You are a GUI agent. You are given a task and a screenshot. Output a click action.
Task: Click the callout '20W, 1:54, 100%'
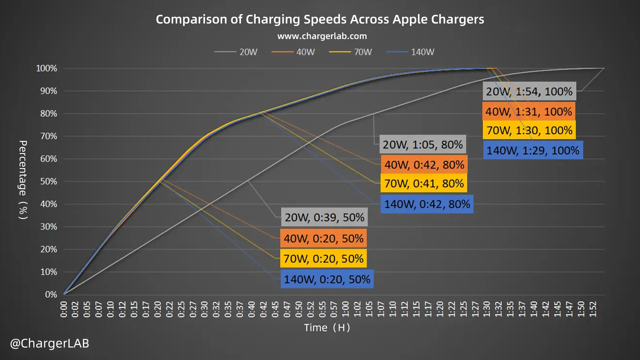(x=529, y=91)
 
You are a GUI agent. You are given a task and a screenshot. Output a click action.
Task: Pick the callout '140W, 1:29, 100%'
(x=533, y=150)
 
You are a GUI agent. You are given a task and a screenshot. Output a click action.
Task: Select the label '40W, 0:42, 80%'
(x=424, y=165)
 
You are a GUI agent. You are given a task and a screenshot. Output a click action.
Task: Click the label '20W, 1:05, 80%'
(x=422, y=145)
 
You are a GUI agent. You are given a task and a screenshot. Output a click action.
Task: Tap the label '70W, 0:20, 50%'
(x=323, y=259)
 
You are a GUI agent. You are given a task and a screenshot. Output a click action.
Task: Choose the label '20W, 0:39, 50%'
(x=324, y=217)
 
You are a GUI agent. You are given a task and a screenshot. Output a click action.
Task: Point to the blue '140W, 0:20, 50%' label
(x=327, y=279)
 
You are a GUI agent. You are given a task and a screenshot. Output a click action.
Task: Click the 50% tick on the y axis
(x=49, y=182)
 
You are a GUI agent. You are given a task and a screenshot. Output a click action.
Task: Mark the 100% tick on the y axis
(x=47, y=69)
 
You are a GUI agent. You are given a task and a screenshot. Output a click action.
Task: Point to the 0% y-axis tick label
(x=51, y=295)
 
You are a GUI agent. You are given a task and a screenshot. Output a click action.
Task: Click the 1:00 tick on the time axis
(x=345, y=309)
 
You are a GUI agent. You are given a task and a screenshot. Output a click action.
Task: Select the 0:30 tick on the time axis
(x=204, y=309)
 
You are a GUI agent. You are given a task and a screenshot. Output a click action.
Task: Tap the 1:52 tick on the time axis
(x=593, y=309)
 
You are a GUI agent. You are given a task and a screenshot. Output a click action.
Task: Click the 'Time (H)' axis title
(x=327, y=328)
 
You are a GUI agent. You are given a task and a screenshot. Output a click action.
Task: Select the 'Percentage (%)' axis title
(x=23, y=180)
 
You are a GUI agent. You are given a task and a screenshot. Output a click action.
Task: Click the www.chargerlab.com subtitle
(x=322, y=36)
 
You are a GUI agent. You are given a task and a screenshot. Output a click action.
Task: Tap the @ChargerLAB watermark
(x=50, y=343)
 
